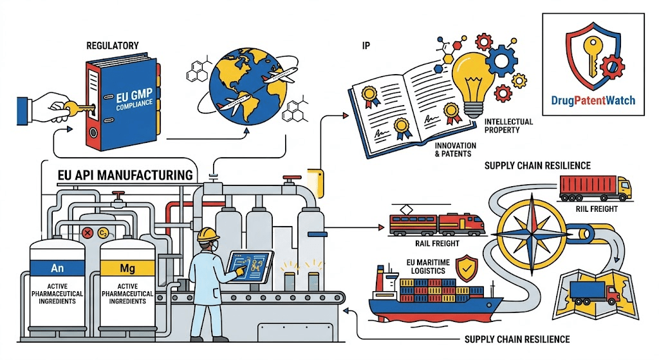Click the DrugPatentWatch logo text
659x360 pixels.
pos(593,100)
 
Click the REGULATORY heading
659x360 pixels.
pos(112,46)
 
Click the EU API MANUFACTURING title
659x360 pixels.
pos(125,175)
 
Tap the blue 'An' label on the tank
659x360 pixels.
pos(57,268)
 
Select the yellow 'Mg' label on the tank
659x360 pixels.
pos(127,268)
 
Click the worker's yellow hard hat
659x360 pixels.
pos(209,234)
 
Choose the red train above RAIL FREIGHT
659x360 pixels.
pos(437,223)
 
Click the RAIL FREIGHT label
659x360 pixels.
pos(437,243)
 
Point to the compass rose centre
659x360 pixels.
pos(532,233)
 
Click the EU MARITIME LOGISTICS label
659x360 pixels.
pos(428,267)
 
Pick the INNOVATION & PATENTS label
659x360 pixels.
pos(456,149)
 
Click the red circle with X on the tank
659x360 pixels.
pos(88,232)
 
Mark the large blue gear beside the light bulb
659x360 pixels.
pos(501,61)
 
